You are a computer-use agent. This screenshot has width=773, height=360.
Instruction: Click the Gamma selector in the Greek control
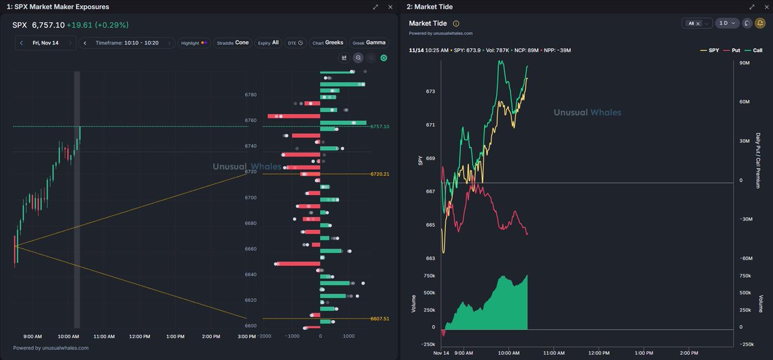[376, 43]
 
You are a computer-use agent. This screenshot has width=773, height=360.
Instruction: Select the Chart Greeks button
[327, 43]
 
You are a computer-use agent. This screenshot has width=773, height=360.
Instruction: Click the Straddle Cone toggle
[233, 43]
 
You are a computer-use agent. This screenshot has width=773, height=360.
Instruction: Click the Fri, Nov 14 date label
[45, 43]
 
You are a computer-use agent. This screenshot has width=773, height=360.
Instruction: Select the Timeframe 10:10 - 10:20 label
[127, 43]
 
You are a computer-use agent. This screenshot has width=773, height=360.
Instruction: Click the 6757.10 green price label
[379, 127]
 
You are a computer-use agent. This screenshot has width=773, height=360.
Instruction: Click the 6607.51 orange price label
[379, 319]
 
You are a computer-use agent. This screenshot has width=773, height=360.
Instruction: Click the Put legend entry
[730, 50]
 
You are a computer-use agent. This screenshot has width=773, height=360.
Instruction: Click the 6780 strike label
[251, 95]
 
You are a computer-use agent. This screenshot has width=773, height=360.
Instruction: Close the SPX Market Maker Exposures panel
[390, 6]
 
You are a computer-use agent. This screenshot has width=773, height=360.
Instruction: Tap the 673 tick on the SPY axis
[430, 91]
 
